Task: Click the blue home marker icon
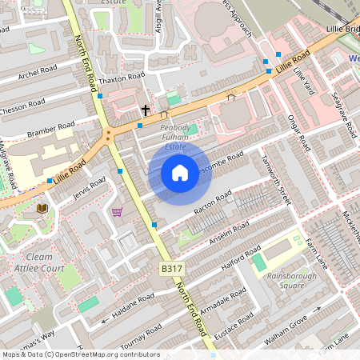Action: (x=180, y=173)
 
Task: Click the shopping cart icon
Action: (x=118, y=212)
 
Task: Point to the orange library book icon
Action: (x=42, y=208)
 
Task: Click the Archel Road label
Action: (x=39, y=75)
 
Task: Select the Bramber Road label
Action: (x=50, y=129)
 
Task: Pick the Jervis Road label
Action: (x=88, y=187)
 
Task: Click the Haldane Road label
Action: (x=134, y=304)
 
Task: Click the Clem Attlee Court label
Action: (x=45, y=263)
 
